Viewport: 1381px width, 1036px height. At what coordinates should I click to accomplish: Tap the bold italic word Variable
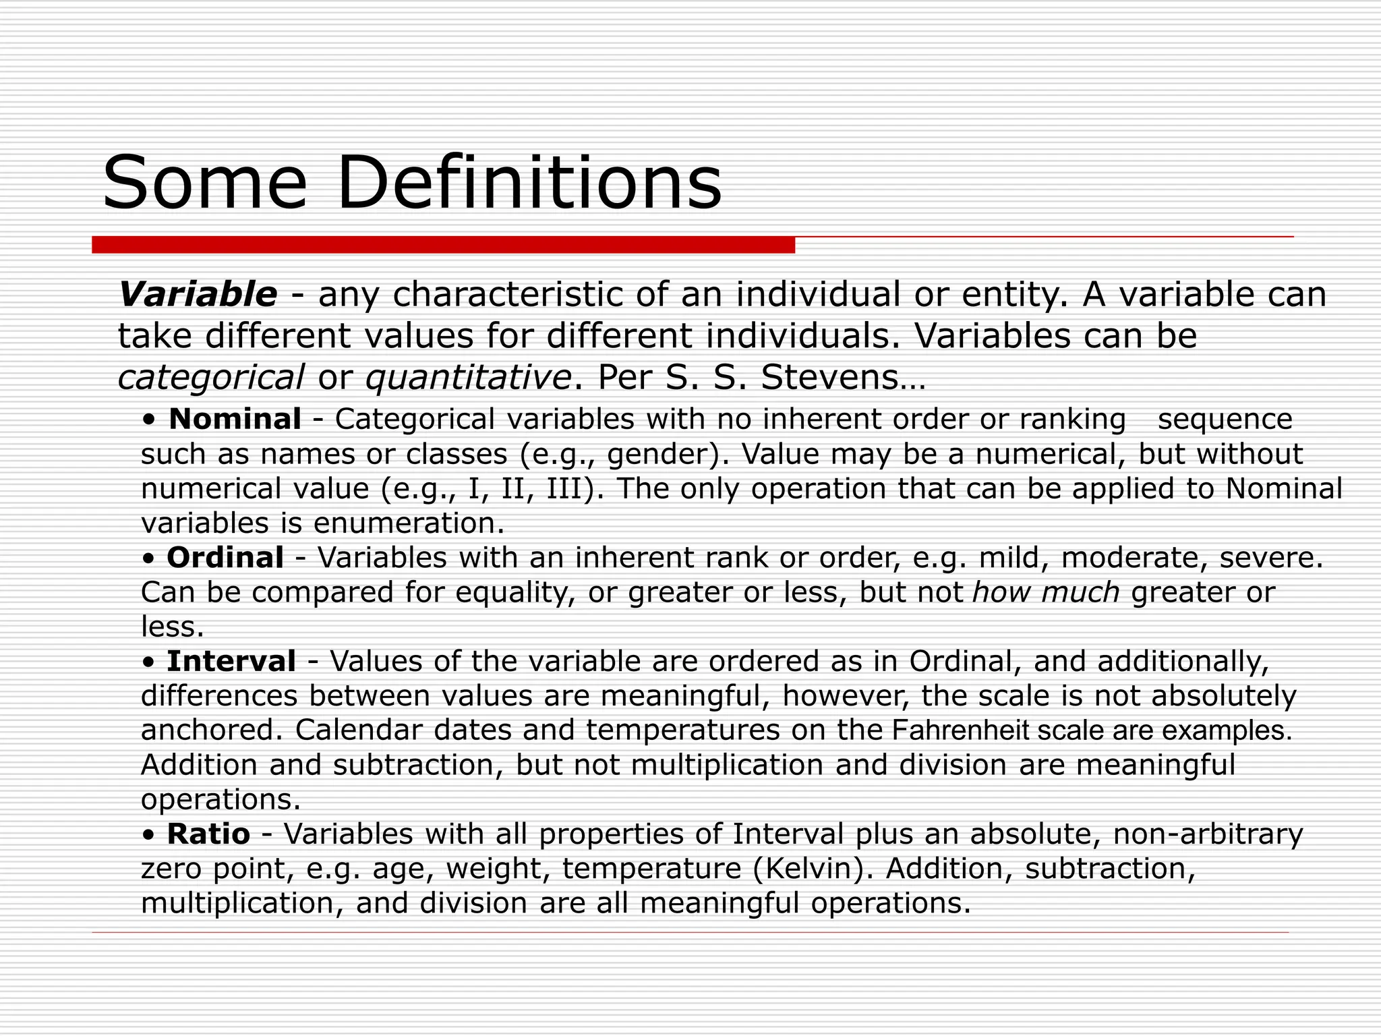[198, 295]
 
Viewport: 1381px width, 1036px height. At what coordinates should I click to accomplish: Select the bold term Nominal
[235, 420]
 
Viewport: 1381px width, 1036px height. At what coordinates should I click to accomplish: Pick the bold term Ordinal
[225, 558]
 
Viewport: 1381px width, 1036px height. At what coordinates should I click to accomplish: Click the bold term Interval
[231, 662]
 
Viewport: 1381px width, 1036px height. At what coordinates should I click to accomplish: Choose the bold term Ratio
[208, 834]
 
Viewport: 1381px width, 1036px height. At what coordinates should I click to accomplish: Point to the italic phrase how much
[1046, 593]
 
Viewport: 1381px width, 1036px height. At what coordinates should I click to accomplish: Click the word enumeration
[409, 523]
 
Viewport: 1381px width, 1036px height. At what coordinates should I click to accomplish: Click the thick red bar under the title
[443, 245]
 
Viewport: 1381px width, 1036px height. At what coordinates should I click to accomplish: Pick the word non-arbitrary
[1208, 834]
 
